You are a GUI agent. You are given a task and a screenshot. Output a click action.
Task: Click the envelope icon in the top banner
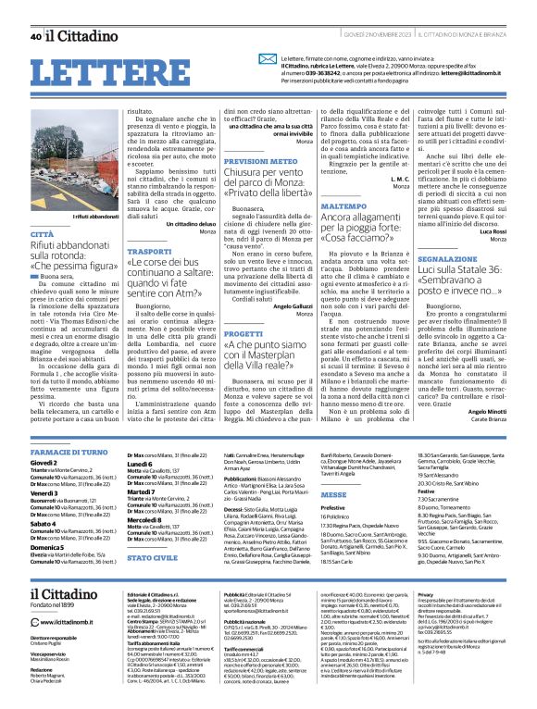[268, 56]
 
